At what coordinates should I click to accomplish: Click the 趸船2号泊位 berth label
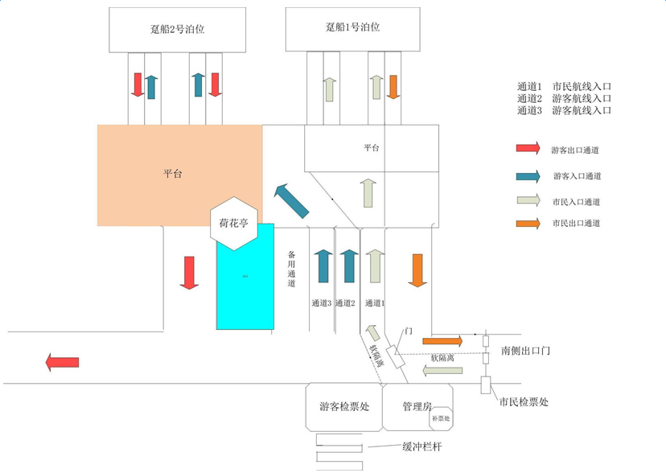coord(178,28)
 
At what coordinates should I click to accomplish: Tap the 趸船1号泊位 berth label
coord(352,27)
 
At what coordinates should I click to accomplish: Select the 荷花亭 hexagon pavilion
coord(233,223)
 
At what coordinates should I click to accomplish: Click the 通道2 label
coord(345,303)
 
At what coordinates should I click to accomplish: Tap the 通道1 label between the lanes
coord(375,303)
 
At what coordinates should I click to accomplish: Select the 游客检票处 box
coord(343,407)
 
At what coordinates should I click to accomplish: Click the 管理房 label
coord(417,406)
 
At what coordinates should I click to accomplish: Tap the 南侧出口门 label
coord(525,351)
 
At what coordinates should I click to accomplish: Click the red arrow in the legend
coord(528,149)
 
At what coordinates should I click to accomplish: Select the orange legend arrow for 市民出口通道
coord(528,224)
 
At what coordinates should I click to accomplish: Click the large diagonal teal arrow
coord(291,200)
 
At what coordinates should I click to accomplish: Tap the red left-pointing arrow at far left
coord(63,362)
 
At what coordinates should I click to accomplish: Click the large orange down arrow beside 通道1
coord(417,269)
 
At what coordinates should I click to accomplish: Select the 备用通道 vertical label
coord(292,269)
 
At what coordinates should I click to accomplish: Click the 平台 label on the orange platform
coord(172,174)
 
